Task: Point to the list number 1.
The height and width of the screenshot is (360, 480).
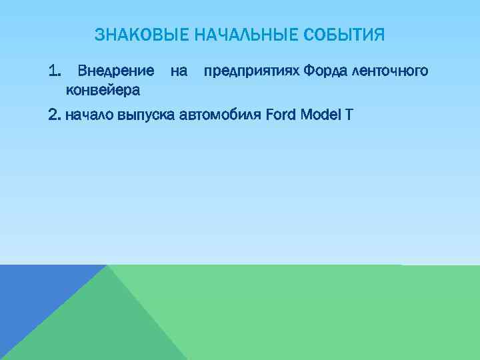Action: tap(55, 71)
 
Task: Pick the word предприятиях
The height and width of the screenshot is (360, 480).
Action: tap(252, 71)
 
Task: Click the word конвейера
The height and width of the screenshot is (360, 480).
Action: tap(102, 89)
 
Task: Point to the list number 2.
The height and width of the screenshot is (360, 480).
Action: tap(55, 115)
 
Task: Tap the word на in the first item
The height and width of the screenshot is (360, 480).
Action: tap(179, 71)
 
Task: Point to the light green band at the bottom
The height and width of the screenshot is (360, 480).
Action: tap(320, 313)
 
